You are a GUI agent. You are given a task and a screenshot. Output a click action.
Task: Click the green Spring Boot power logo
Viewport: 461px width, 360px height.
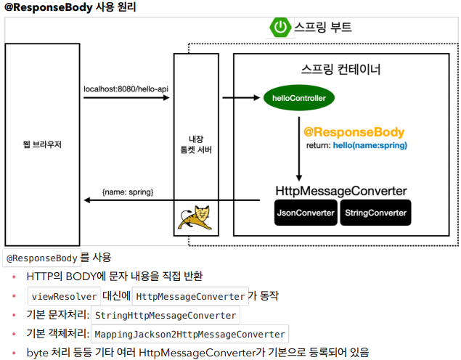coord(280,28)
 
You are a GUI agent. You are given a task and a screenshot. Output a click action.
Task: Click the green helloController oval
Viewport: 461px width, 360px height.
coord(298,97)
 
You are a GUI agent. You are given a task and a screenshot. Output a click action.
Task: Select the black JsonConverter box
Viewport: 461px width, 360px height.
coord(306,213)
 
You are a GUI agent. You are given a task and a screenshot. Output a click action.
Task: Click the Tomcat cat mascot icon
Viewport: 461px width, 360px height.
coord(195,215)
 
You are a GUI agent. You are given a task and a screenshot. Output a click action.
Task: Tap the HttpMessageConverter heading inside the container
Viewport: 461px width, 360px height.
coord(341,191)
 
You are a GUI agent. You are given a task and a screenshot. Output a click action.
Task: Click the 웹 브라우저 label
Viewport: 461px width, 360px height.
coord(42,144)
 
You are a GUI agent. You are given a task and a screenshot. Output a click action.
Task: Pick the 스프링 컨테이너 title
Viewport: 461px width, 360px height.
coord(340,70)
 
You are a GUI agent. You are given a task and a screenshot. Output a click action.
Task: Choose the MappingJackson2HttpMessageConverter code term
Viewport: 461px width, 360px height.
coord(189,335)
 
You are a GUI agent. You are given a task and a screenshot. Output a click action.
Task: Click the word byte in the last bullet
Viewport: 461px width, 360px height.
coord(38,353)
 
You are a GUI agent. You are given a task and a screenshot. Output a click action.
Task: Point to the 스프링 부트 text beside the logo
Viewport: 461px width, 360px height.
coord(323,28)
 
